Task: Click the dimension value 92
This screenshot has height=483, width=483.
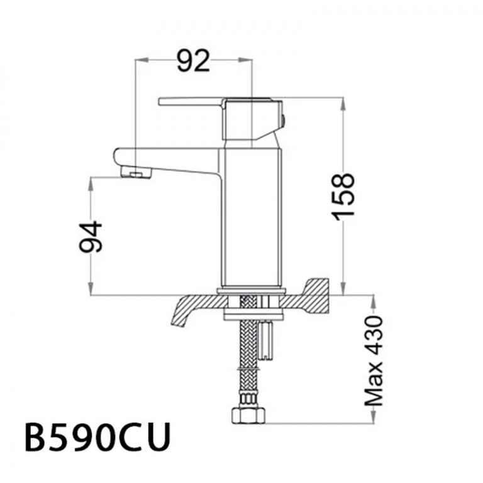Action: [192, 62]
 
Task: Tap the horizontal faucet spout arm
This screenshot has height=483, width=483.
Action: [167, 158]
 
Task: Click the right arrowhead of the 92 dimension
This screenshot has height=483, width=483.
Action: [246, 60]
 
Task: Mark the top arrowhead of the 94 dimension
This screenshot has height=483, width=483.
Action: [92, 182]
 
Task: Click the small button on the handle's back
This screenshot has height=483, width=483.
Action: [284, 119]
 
